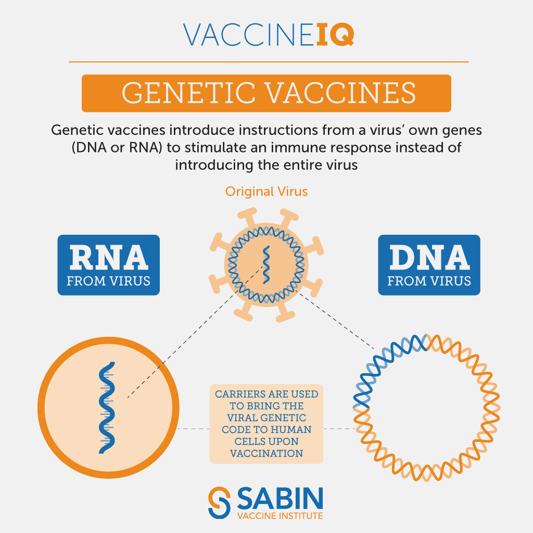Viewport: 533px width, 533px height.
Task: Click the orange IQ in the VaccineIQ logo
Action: click(x=335, y=34)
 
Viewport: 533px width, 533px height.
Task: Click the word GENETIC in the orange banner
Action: click(x=188, y=93)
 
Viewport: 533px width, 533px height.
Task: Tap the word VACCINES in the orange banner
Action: click(x=340, y=93)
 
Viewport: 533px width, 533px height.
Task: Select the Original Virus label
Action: click(x=266, y=192)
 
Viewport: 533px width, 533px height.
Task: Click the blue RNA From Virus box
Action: click(x=108, y=265)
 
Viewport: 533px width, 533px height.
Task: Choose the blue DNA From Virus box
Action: click(x=429, y=265)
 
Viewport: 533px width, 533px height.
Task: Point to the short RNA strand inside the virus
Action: click(x=266, y=265)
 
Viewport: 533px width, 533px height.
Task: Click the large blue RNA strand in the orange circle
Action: click(x=107, y=408)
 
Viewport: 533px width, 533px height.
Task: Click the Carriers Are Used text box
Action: click(x=266, y=424)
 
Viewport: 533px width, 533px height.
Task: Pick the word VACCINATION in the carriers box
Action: click(x=266, y=453)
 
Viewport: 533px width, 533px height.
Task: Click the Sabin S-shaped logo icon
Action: click(x=219, y=503)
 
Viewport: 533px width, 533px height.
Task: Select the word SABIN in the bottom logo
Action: click(x=280, y=498)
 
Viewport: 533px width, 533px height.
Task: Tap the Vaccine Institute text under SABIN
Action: click(x=280, y=516)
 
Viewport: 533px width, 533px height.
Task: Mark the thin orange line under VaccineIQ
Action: click(x=269, y=62)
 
